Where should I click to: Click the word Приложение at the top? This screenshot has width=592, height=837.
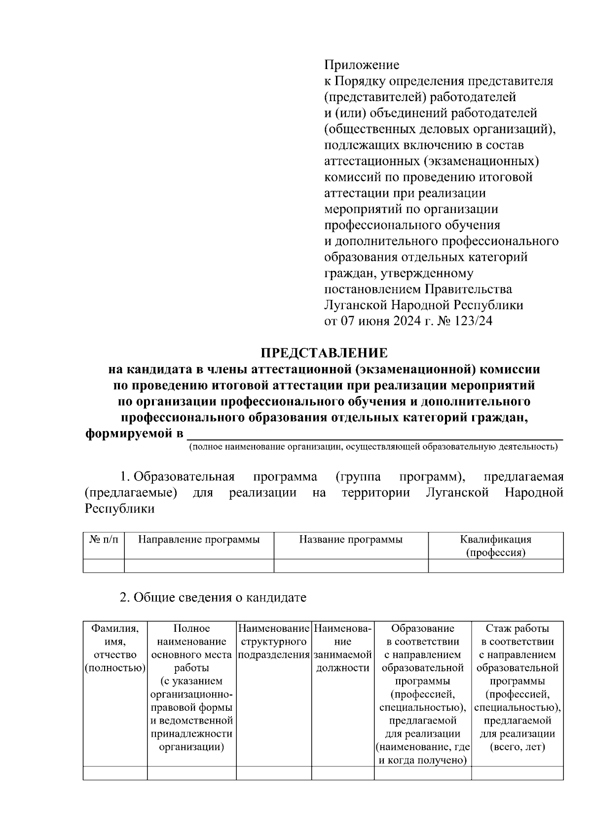click(361, 65)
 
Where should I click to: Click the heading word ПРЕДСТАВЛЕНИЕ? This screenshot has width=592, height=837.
click(324, 353)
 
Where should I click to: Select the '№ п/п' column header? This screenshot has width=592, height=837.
click(104, 540)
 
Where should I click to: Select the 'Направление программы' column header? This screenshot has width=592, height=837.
click(199, 540)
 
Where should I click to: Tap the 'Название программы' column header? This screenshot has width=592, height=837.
click(351, 540)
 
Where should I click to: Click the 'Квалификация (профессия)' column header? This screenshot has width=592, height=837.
click(495, 546)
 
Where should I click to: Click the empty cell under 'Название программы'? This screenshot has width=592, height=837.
click(351, 566)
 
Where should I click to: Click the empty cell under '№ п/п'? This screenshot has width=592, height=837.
click(104, 566)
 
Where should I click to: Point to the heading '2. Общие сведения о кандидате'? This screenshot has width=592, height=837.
click(213, 598)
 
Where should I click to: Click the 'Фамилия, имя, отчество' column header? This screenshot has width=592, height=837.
click(115, 648)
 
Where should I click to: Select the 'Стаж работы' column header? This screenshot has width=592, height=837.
click(517, 628)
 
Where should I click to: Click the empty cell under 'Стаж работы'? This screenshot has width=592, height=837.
click(517, 773)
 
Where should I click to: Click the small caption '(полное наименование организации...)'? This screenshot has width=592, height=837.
click(373, 447)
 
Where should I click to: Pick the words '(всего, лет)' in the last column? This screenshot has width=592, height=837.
click(517, 747)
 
